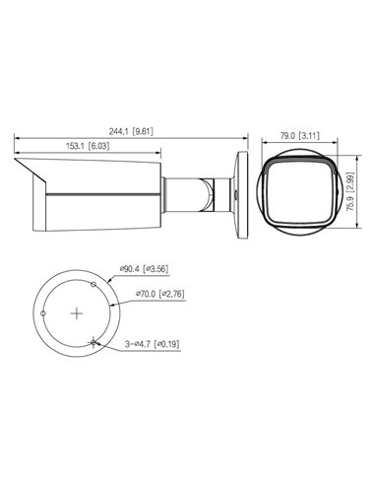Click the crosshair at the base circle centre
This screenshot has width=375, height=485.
point(77,312)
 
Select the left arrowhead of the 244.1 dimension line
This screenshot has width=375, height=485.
point(17,138)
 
